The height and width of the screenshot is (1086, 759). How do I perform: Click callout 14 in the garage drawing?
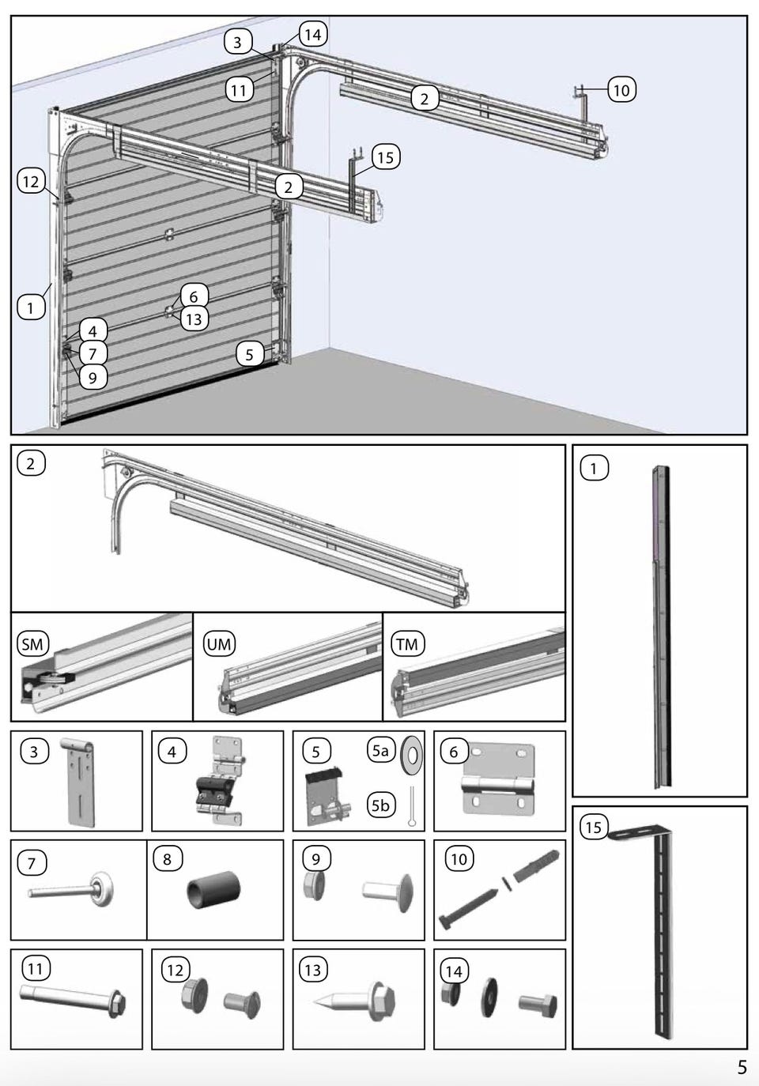pos(312,35)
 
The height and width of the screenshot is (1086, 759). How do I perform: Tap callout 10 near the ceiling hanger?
pos(621,90)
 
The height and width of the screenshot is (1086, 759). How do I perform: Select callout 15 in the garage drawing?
pos(385,157)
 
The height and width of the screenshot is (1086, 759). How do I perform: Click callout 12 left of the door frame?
pos(30,182)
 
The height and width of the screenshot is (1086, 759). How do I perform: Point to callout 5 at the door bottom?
pos(250,354)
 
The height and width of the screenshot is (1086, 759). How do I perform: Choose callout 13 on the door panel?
pos(194,319)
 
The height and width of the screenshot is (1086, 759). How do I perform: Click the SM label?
pos(32,644)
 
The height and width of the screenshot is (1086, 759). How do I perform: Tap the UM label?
pos(219,644)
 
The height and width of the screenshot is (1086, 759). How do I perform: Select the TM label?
pos(407,644)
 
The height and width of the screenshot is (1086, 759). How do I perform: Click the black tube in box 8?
pos(206,892)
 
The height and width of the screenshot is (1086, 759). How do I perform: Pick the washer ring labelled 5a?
pos(412,755)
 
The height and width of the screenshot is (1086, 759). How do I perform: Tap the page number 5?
pos(742,1068)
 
